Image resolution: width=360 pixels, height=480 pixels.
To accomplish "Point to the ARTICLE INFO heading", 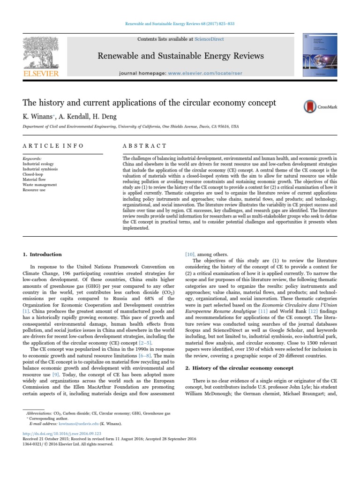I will point(53,146).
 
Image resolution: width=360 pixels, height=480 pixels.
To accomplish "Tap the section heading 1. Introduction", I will point(42,255).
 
